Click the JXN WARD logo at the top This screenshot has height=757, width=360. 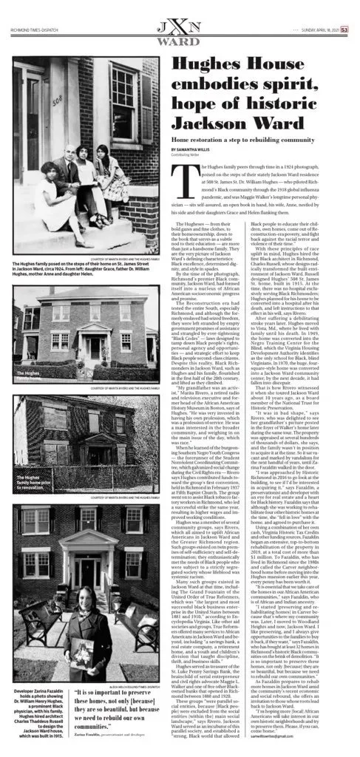180,16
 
